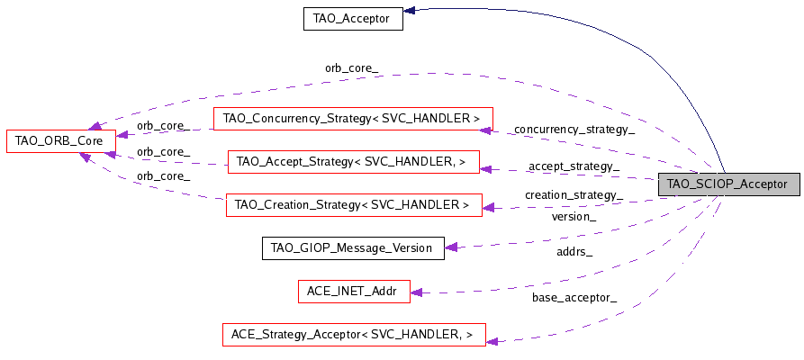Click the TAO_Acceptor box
click(352, 18)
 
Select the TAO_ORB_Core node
click(60, 140)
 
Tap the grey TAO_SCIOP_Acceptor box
click(727, 184)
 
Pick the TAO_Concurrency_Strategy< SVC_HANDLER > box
click(352, 119)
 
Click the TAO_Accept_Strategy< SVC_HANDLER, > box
click(352, 162)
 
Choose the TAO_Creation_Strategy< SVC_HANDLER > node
click(352, 205)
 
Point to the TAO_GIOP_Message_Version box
click(352, 248)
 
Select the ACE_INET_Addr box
click(352, 292)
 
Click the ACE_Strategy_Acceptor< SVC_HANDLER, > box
click(354, 335)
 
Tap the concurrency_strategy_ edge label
click(573, 130)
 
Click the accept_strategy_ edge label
click(574, 166)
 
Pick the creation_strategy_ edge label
click(574, 195)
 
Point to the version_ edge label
click(574, 217)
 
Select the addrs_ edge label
click(574, 251)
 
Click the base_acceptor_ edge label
click(574, 298)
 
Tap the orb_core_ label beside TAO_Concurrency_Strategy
click(162, 125)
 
